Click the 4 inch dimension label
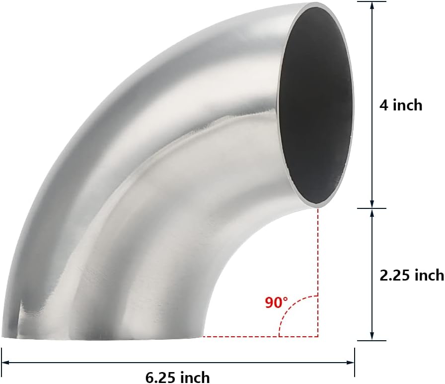click(400, 105)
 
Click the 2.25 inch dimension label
click(412, 275)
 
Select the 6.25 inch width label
click(177, 377)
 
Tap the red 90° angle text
click(276, 302)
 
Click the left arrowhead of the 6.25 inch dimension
click(6, 363)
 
